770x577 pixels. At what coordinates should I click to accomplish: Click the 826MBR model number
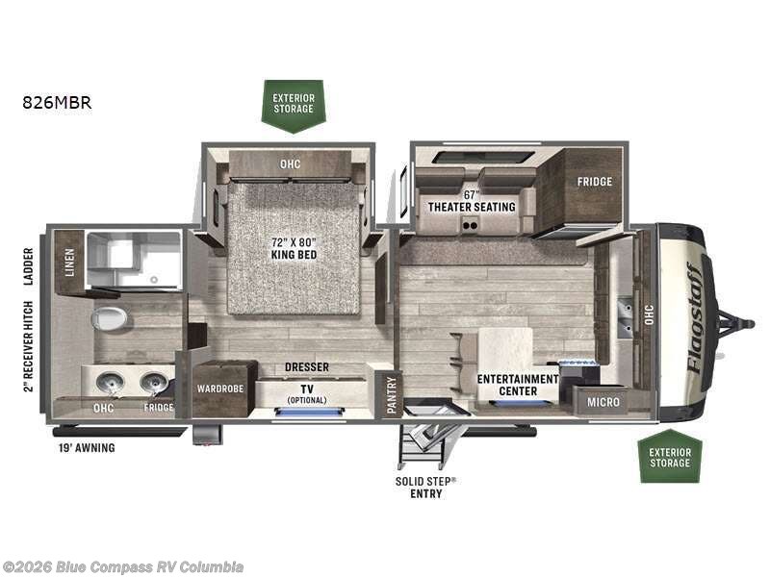click(57, 103)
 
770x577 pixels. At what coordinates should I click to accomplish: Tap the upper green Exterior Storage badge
click(294, 106)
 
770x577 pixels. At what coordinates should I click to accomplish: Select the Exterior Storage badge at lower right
click(670, 456)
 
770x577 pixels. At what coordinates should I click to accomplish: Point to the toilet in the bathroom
click(109, 319)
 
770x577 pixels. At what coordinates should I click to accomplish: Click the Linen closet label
click(69, 262)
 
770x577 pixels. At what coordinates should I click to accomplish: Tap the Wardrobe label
click(220, 389)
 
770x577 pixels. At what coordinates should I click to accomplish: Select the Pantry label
click(392, 395)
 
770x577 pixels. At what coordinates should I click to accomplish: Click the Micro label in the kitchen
click(603, 402)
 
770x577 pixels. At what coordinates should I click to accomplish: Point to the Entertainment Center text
click(518, 386)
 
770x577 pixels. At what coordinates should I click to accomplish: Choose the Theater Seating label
click(472, 207)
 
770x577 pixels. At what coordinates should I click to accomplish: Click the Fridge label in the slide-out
click(595, 182)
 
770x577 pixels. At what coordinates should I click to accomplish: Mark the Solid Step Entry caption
click(425, 488)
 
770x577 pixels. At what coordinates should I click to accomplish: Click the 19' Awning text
click(87, 447)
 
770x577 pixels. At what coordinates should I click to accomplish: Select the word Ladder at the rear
click(29, 266)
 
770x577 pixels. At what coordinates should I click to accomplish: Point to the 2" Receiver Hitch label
click(29, 346)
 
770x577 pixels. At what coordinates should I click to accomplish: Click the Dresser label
click(307, 367)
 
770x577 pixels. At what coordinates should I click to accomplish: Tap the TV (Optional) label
click(307, 394)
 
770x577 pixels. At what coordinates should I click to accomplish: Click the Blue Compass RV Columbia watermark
click(122, 567)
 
